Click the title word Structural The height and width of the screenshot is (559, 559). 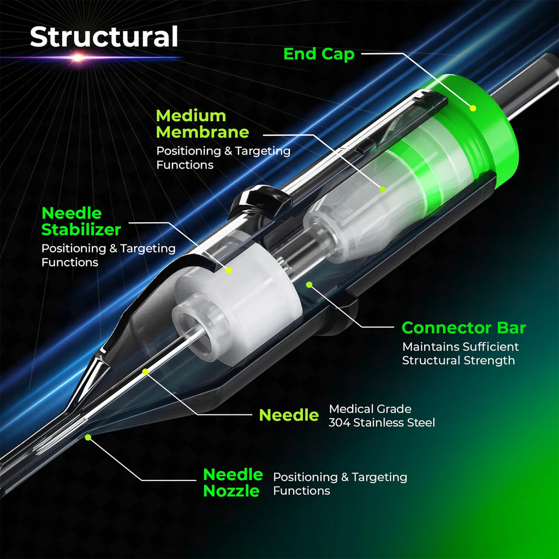click(104, 37)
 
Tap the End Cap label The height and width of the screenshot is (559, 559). click(319, 54)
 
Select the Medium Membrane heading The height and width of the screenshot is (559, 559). click(202, 124)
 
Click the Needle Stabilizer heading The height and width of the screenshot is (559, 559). click(81, 222)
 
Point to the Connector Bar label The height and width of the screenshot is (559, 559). click(463, 328)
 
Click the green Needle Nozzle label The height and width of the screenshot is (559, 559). click(233, 483)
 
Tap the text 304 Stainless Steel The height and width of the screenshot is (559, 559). click(382, 423)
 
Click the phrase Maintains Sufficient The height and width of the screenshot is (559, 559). click(460, 347)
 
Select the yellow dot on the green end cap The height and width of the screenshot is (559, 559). click(473, 108)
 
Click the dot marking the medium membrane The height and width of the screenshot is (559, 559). click(383, 189)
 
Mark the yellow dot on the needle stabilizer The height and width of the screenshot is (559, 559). click(229, 270)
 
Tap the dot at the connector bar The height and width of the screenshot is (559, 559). click(310, 284)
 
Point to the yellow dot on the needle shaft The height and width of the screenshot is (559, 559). click(145, 371)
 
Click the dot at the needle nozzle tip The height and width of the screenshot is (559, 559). click(88, 437)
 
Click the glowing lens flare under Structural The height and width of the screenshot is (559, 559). click(78, 57)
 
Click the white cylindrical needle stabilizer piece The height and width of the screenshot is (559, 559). click(237, 307)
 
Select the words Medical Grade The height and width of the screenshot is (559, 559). click(370, 409)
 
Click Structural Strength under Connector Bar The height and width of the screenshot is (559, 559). click(459, 360)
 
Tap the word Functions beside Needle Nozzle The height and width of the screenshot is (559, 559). click(301, 491)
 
